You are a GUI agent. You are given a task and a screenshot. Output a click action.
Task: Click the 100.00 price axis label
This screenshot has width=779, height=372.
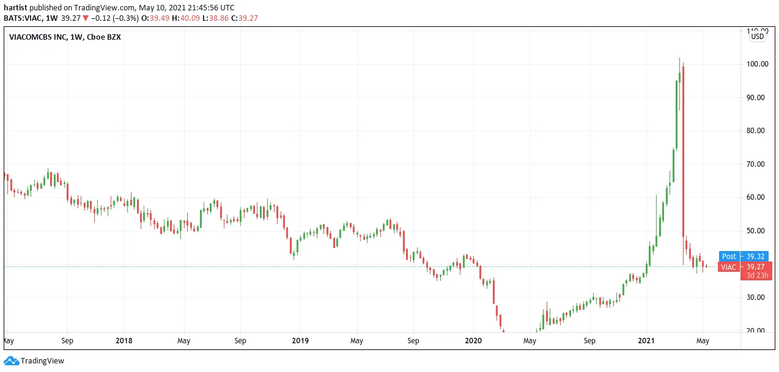tap(758, 64)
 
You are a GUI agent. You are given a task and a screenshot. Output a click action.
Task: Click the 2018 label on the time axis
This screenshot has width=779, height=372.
tap(124, 340)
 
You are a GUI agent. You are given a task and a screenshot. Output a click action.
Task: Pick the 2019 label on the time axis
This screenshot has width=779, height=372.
tap(300, 340)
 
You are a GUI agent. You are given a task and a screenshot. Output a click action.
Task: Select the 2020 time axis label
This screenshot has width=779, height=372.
tap(473, 340)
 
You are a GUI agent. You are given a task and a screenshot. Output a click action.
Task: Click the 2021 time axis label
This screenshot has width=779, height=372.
tap(646, 340)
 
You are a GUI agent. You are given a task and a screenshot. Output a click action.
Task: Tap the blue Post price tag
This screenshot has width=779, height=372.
tap(729, 257)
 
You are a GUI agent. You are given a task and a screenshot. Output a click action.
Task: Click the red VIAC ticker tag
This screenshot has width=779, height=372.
tap(729, 267)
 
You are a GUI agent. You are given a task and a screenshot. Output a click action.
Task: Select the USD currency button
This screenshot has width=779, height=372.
tap(757, 37)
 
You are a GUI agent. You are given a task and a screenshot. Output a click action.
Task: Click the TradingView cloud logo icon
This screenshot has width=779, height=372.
tap(12, 361)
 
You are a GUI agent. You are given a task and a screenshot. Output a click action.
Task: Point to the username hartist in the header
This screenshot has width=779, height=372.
tap(15, 8)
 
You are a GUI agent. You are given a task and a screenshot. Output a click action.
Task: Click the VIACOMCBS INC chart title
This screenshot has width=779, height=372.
tap(37, 37)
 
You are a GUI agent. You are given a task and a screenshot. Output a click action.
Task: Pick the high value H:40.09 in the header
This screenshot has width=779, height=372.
tap(186, 18)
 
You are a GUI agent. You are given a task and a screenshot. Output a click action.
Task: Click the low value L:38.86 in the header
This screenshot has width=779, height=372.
tap(215, 18)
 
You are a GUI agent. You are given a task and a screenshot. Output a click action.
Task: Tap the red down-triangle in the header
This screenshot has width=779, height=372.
tap(86, 18)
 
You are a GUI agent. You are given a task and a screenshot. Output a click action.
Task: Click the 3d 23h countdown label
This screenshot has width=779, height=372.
tap(757, 275)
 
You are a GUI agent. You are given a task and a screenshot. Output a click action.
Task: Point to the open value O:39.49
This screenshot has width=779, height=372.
tap(155, 18)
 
